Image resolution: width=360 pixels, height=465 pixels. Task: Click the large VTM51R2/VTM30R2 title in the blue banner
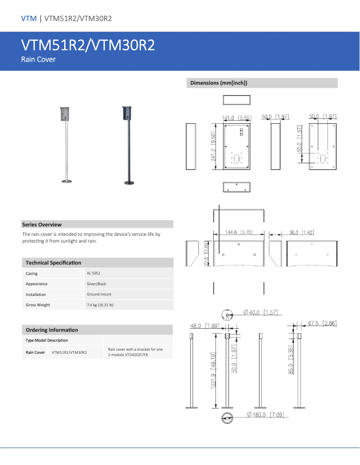click(88, 46)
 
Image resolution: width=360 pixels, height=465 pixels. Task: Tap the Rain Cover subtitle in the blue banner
click(39, 60)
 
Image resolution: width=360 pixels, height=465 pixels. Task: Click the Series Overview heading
click(42, 225)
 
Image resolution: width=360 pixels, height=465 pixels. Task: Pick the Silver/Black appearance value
click(97, 284)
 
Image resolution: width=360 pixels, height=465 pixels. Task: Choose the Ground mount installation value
click(99, 294)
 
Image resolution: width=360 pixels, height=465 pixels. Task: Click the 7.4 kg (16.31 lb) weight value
click(100, 305)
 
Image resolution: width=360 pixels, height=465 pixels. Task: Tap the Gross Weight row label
click(38, 305)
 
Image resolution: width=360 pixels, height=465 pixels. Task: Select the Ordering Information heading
click(52, 330)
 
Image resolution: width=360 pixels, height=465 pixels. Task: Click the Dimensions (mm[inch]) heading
click(219, 83)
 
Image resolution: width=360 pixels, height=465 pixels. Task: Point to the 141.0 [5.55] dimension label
click(237, 118)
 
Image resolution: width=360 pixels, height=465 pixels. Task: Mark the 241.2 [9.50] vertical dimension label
click(214, 147)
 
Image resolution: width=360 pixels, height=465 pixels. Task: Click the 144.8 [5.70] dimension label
click(239, 232)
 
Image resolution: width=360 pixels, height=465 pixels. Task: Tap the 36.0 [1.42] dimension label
click(302, 232)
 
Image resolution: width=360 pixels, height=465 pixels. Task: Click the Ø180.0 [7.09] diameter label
click(266, 415)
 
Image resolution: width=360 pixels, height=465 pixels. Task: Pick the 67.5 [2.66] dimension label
click(323, 323)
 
